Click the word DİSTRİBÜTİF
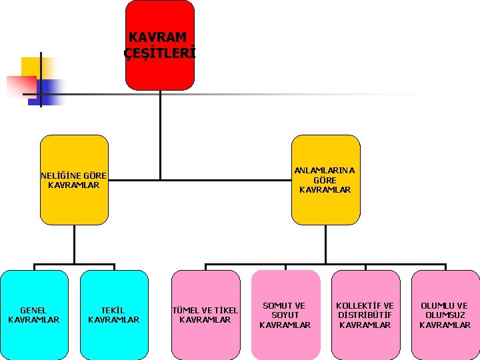(365, 315)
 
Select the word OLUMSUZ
(445, 315)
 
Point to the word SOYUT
(285, 315)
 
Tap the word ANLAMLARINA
(325, 170)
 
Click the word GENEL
(34, 310)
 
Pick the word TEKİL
(114, 310)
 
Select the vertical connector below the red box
(160, 133)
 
